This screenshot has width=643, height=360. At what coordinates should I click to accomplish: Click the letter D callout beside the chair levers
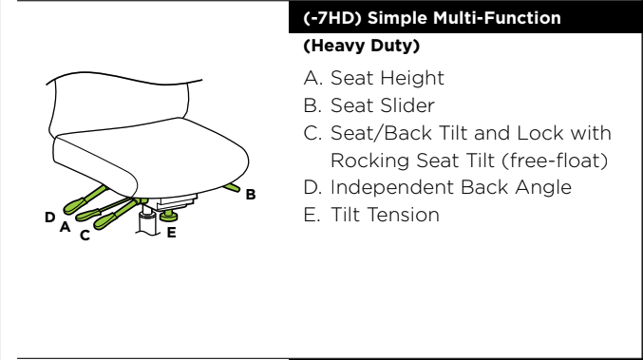tap(50, 217)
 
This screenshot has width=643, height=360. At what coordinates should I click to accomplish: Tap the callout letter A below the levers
tap(66, 227)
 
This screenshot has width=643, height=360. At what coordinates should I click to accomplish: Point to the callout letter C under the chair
tap(85, 236)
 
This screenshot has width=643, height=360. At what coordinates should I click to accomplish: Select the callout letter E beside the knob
tap(172, 233)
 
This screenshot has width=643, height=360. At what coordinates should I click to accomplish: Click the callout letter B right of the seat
tap(251, 195)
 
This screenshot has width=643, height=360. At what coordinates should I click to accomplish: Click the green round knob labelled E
tap(168, 216)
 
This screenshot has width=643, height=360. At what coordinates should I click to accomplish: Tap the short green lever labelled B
tap(232, 187)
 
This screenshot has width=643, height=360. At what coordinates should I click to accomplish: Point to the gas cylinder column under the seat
tap(147, 220)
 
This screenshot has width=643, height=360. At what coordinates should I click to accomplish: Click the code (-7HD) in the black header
tap(332, 18)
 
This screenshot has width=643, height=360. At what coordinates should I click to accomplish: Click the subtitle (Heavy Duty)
tap(362, 46)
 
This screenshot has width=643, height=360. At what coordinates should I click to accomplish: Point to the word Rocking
tap(369, 161)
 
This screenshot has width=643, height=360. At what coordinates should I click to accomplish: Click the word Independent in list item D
tap(392, 187)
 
